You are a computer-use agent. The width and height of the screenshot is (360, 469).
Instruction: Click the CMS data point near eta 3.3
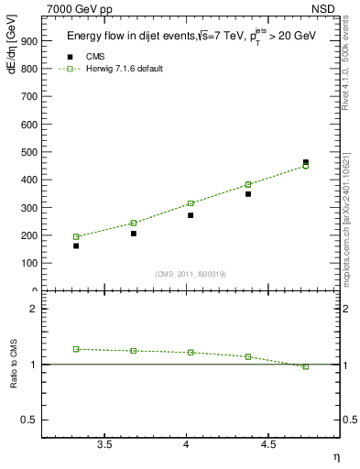pos(76,245)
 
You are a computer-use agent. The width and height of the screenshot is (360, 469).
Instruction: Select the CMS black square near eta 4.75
pos(306,162)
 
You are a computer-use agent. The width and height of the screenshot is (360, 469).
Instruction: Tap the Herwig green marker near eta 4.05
pos(191,203)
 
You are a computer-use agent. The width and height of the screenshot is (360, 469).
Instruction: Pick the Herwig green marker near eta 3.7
pos(134,223)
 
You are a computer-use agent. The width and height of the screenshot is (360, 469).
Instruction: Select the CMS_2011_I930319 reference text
pos(191,274)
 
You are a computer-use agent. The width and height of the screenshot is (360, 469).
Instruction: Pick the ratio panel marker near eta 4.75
pos(306,366)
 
